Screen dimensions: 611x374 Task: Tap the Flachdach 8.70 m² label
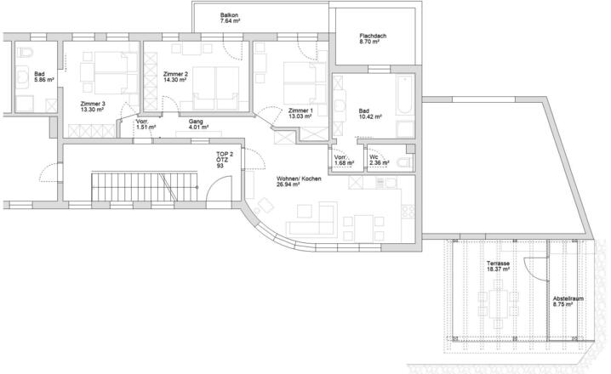click(373, 38)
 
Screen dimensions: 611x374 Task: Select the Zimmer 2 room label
click(175, 76)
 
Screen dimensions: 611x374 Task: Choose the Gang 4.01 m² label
click(198, 124)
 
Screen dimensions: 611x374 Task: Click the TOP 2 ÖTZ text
click(225, 157)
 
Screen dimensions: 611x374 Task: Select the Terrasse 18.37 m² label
click(498, 266)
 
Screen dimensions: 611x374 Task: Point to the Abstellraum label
click(568, 299)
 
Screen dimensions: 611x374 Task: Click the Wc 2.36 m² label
click(380, 160)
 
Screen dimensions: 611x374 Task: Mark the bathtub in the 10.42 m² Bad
click(405, 95)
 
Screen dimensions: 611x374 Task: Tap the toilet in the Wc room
click(404, 162)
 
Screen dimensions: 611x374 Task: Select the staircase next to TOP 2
click(145, 187)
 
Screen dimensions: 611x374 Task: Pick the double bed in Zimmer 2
click(215, 88)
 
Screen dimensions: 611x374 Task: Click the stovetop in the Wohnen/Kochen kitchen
click(408, 212)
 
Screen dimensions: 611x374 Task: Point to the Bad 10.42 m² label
click(370, 114)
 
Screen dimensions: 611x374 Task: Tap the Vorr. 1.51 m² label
click(146, 124)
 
